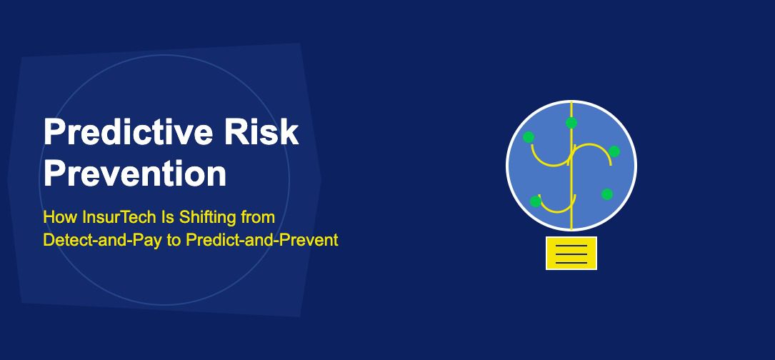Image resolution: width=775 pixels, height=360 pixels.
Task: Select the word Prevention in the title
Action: (x=135, y=174)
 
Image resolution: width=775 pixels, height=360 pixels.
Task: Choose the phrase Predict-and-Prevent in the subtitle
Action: (x=261, y=240)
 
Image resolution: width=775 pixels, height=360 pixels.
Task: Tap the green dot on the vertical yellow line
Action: (x=571, y=123)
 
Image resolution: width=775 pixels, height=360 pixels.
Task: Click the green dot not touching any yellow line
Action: (x=607, y=194)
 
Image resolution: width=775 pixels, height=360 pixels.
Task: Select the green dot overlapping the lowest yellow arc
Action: (x=536, y=201)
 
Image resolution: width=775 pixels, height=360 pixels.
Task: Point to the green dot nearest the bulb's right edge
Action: (x=614, y=151)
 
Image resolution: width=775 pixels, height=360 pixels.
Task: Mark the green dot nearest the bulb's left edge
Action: (x=529, y=136)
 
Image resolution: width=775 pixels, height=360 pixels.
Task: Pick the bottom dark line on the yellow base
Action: (x=571, y=262)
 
